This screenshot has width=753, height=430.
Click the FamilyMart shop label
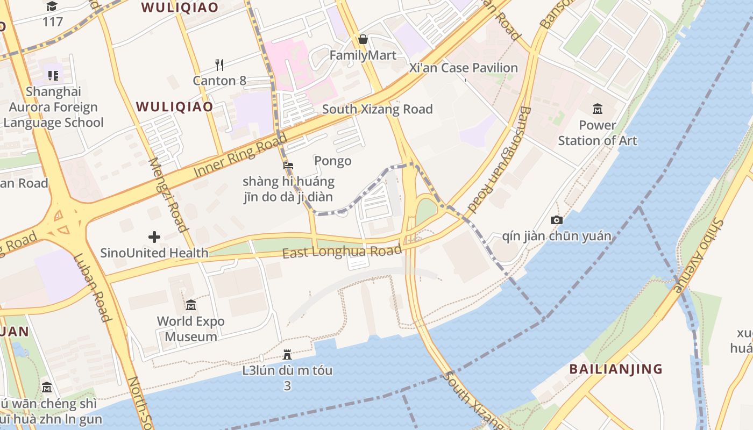click(363, 55)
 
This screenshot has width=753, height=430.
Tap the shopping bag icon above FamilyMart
click(363, 39)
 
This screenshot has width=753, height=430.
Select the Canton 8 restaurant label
click(219, 81)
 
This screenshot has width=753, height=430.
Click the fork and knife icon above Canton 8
click(219, 65)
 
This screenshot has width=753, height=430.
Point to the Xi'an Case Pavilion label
click(463, 68)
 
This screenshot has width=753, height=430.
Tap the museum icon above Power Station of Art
click(597, 109)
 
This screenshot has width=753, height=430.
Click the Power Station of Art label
click(597, 133)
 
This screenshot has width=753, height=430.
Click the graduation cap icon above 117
click(52, 6)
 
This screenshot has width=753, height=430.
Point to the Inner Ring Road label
click(240, 155)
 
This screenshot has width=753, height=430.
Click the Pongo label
click(332, 161)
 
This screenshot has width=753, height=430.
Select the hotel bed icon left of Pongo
click(288, 166)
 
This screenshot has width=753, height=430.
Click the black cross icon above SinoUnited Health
click(154, 236)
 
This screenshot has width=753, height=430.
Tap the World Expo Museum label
click(190, 329)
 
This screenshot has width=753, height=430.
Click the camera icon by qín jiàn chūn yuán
click(557, 220)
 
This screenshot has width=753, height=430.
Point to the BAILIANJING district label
click(616, 369)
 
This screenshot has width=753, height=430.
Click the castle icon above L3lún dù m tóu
click(287, 355)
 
